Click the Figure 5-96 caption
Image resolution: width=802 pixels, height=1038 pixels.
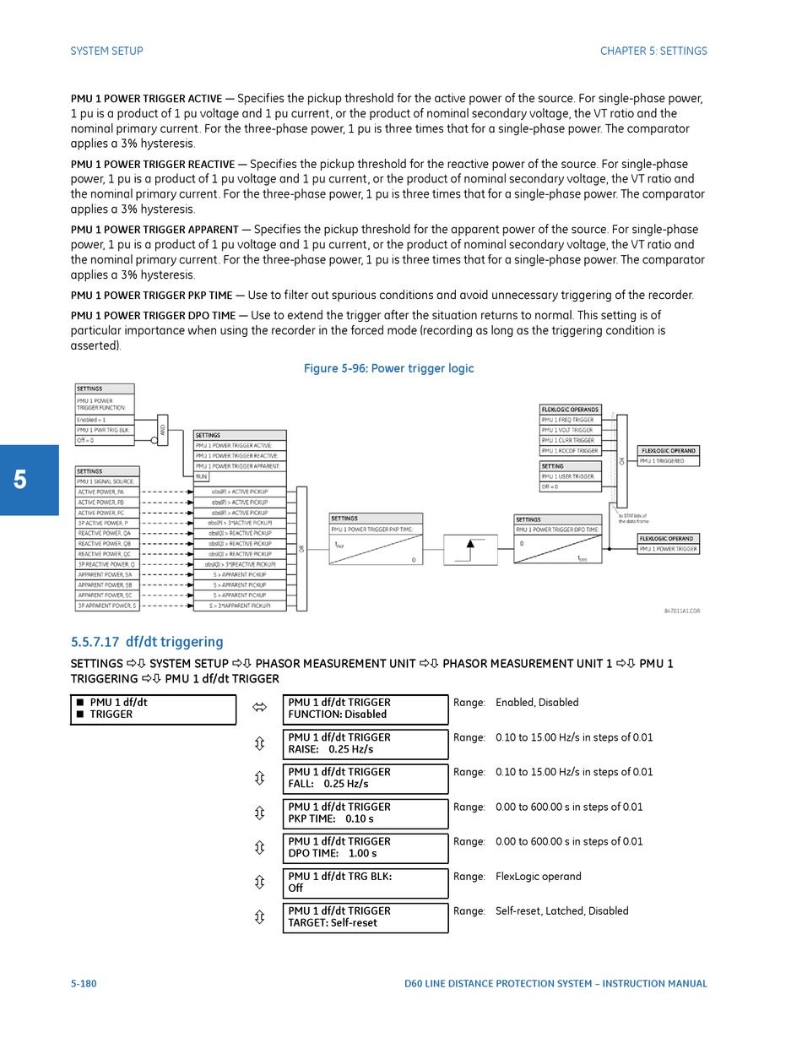tap(388, 368)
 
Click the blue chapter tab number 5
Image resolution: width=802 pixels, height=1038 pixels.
tap(20, 480)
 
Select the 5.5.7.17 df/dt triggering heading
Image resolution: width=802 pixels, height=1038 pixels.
tap(147, 642)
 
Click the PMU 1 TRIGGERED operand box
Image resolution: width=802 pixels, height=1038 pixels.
tap(669, 461)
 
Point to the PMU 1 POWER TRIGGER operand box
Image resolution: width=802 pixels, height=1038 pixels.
tap(668, 549)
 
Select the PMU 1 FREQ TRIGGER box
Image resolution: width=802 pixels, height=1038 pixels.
tap(570, 420)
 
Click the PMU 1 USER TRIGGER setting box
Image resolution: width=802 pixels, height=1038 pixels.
tap(570, 476)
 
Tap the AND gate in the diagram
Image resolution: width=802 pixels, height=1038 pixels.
tap(163, 430)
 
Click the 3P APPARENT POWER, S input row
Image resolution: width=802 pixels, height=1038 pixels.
tap(107, 606)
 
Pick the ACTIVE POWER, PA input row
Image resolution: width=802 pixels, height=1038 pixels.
tap(107, 492)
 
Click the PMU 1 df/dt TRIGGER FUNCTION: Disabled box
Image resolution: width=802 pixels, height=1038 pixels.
tap(365, 709)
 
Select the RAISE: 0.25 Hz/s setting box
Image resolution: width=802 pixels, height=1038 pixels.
tap(365, 743)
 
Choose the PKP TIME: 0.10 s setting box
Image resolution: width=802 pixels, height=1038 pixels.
tap(365, 812)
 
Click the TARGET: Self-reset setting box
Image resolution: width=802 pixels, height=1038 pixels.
tap(365, 917)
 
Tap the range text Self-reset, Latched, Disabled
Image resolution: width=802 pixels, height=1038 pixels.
tap(561, 911)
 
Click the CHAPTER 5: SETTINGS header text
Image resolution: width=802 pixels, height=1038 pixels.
tap(653, 51)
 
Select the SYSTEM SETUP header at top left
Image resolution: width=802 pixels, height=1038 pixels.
tap(106, 51)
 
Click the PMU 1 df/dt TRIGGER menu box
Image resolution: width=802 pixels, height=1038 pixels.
tap(153, 709)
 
